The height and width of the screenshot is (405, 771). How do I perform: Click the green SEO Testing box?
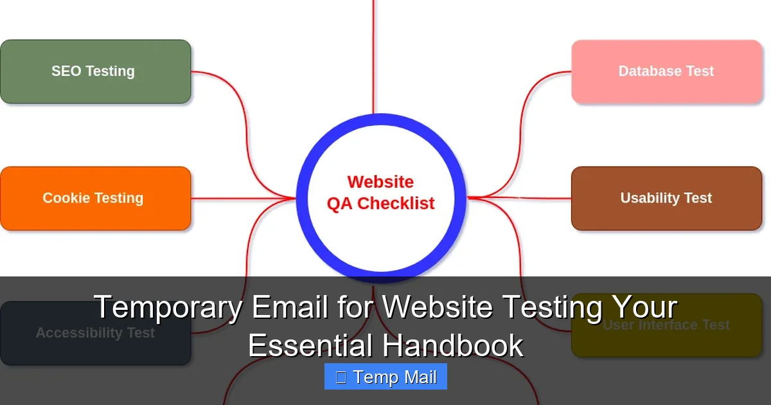click(x=95, y=71)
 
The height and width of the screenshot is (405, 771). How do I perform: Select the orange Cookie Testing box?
click(x=95, y=198)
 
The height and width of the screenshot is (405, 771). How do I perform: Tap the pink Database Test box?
click(x=666, y=71)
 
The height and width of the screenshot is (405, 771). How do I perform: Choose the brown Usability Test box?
click(x=666, y=198)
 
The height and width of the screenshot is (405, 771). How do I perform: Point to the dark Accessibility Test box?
click(x=95, y=333)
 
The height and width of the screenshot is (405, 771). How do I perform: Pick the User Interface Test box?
click(x=666, y=325)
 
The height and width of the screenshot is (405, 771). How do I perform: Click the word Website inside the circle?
click(x=380, y=182)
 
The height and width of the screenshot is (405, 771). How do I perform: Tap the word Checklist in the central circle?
click(x=396, y=203)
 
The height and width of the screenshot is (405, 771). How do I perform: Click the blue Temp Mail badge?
click(x=385, y=377)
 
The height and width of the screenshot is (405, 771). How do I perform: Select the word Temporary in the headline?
click(x=168, y=307)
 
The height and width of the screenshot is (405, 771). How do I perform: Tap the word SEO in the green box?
click(x=66, y=71)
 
